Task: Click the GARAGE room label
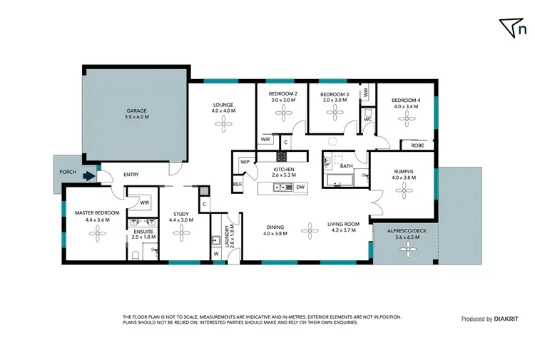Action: [x=136, y=111]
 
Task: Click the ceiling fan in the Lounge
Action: [x=223, y=125]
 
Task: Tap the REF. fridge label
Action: [x=238, y=185]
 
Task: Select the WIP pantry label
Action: [x=245, y=162]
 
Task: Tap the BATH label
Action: [x=347, y=166]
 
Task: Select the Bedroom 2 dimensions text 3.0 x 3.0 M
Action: [x=282, y=101]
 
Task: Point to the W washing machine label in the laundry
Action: [x=215, y=252]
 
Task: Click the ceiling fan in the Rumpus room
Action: [x=404, y=190]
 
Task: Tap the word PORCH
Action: [x=68, y=172]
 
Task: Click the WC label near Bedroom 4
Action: [x=367, y=119]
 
